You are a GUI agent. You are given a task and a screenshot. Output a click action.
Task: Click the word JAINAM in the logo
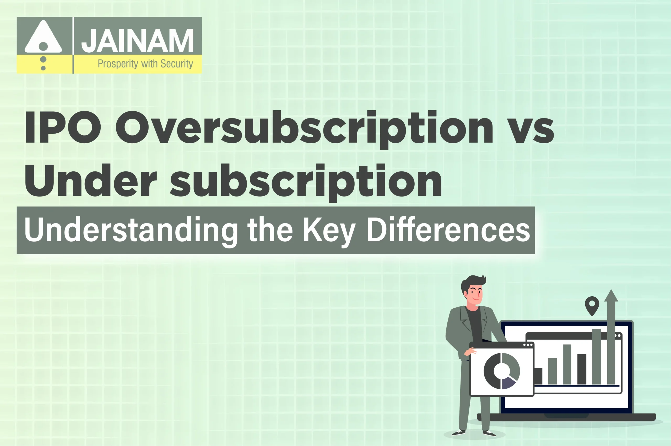(x=137, y=41)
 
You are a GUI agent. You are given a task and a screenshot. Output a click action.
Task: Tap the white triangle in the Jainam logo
(x=43, y=37)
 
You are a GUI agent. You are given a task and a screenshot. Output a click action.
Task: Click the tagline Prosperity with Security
(x=145, y=64)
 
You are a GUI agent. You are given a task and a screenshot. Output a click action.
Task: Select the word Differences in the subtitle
(x=448, y=230)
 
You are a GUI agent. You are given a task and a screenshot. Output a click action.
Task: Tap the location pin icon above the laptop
(x=592, y=305)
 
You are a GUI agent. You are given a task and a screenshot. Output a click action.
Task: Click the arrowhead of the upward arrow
(x=611, y=296)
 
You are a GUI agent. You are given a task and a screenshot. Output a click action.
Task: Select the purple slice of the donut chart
(x=508, y=383)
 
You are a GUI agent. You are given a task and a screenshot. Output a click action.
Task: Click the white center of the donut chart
(x=501, y=370)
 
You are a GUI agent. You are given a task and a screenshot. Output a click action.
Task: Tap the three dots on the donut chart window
(x=528, y=345)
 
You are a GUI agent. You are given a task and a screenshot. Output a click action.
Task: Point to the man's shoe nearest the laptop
(x=489, y=433)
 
